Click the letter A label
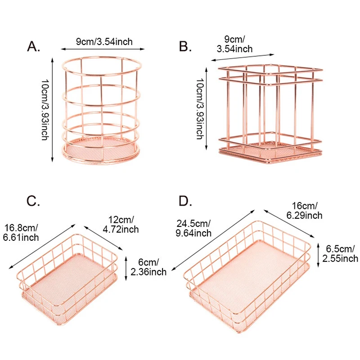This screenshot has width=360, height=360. point(33,47)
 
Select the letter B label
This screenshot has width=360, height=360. point(185,46)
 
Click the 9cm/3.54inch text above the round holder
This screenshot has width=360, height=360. point(104,42)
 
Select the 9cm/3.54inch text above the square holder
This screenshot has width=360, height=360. point(234,44)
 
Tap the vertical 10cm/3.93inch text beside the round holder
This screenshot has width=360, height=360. point(45,110)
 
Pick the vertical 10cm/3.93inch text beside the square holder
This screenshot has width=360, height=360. point(200,109)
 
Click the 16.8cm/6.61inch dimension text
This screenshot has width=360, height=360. point(21,233)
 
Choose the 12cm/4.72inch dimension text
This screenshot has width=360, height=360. point(121,225)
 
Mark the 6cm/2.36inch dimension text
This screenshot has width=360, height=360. point(148,267)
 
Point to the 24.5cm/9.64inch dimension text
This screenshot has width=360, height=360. point(193,228)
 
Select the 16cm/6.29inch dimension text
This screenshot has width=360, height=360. point(305,211)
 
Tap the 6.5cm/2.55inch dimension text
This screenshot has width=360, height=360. point(340,254)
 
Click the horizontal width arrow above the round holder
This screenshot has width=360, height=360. point(103,49)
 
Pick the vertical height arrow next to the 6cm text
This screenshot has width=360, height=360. point(126,269)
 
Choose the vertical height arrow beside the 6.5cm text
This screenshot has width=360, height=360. point(318,255)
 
